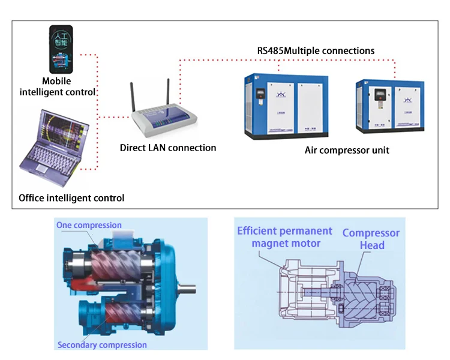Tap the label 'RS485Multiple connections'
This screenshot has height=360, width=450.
pos(316,50)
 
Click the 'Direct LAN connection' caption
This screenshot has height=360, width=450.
pos(168,148)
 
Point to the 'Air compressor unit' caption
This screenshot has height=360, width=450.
pos(347,150)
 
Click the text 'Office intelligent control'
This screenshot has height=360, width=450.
pos(71,197)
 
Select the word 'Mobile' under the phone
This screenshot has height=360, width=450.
pos(56,81)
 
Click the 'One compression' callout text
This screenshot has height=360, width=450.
pos(89,225)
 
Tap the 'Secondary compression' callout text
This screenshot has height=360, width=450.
pos(102,345)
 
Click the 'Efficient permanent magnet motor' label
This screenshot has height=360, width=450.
pos(284,237)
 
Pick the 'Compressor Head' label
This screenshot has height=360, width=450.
pos(371,239)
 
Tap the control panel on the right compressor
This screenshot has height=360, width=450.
pos(380,96)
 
